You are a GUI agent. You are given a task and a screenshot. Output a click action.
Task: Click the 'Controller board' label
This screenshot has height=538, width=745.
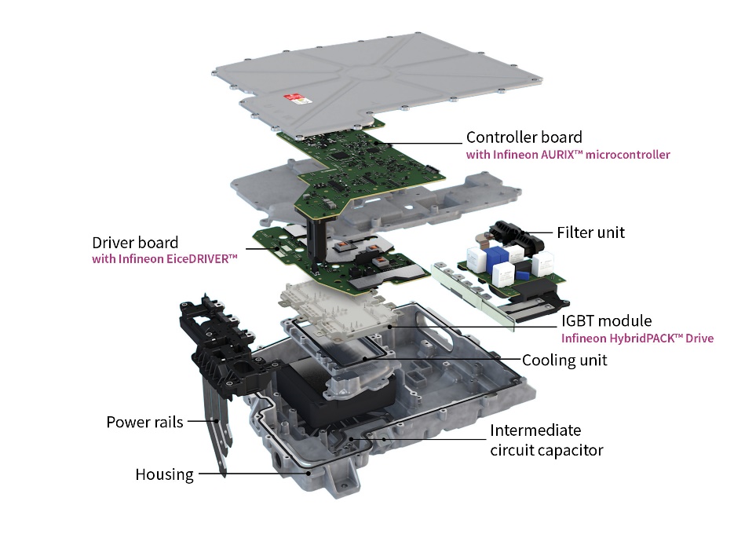524,137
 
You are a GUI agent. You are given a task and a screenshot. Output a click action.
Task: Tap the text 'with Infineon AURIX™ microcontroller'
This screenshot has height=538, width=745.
568,155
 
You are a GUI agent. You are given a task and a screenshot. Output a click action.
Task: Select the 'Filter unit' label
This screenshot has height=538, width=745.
590,232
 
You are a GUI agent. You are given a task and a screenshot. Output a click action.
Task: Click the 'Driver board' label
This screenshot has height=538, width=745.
135,243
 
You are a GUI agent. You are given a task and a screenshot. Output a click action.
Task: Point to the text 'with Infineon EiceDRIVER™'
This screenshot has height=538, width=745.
164,259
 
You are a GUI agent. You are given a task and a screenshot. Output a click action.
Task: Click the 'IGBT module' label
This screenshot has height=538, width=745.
606,320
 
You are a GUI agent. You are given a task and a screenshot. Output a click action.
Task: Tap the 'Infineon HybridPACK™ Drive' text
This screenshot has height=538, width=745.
637,339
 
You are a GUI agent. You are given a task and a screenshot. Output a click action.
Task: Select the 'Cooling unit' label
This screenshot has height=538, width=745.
564,360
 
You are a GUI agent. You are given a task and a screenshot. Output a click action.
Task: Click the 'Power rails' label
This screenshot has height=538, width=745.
145,422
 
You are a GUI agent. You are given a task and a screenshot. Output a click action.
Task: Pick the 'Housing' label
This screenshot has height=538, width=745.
164,474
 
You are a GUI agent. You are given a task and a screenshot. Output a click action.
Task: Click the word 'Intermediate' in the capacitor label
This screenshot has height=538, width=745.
535,430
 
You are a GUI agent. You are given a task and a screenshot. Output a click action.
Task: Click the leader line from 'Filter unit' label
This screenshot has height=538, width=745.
537,233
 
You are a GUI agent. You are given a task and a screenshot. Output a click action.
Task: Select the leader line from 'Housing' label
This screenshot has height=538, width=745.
254,474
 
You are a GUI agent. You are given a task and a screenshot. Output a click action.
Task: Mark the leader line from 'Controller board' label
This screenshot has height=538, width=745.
418,143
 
